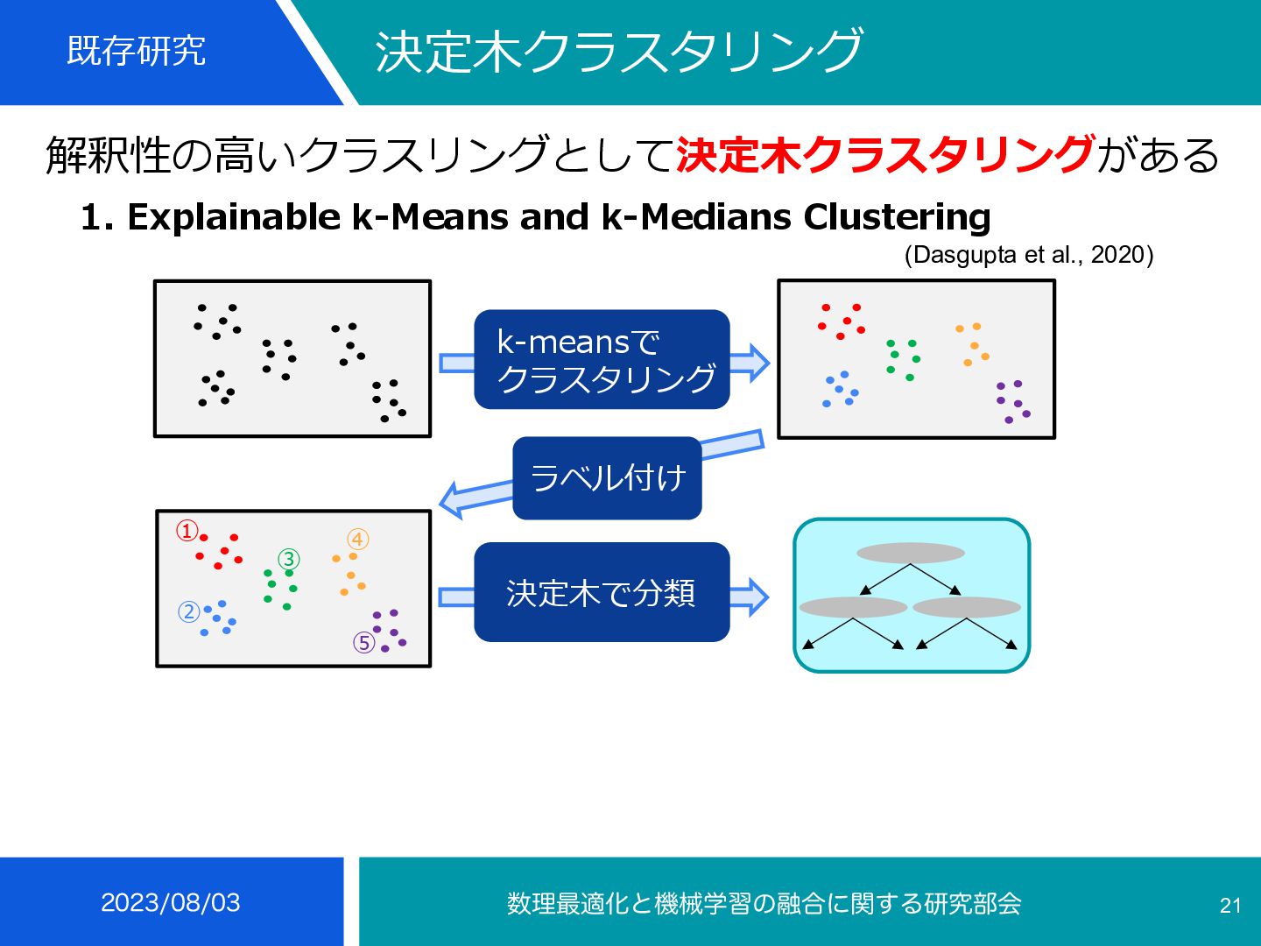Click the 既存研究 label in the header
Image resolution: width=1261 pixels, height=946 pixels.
[x=136, y=51]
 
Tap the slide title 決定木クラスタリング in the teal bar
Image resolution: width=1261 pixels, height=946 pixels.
[x=619, y=51]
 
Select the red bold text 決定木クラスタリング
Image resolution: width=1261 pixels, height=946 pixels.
[x=884, y=155]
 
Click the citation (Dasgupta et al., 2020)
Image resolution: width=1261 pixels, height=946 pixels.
[x=1028, y=255]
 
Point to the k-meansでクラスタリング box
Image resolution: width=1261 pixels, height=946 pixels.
[x=602, y=359]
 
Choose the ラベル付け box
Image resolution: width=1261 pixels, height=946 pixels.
[x=607, y=478]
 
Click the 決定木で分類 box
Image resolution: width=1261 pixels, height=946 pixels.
[x=602, y=593]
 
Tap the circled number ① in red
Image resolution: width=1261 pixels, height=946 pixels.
[x=187, y=531]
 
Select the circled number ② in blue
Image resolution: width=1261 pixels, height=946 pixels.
[x=189, y=611]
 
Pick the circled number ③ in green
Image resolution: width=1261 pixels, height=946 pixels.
[x=289, y=559]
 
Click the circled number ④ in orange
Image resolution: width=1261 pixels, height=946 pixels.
[x=357, y=540]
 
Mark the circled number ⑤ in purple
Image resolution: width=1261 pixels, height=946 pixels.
[x=364, y=643]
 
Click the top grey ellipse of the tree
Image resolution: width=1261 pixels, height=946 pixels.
[x=911, y=553]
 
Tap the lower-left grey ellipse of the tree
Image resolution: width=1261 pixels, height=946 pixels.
[x=853, y=607]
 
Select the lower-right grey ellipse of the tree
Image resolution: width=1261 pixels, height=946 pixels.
[x=967, y=607]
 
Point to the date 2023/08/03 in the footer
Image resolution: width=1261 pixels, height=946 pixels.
[x=171, y=902]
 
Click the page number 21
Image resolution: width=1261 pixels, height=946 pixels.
[x=1230, y=906]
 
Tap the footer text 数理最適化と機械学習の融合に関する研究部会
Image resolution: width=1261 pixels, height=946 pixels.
[x=764, y=903]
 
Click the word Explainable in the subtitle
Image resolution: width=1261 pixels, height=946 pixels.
[x=234, y=217]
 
